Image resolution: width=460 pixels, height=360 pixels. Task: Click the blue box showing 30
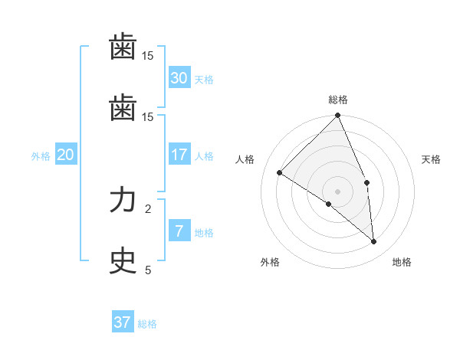point(179,78)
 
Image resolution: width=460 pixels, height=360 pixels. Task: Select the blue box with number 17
point(179,155)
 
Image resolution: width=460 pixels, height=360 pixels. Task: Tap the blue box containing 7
point(179,231)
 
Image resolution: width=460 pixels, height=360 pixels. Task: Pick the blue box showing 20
point(66,155)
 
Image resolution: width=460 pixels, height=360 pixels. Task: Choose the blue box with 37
point(123,322)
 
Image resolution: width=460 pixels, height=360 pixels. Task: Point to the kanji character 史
point(123,261)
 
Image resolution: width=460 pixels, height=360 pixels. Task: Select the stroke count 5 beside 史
point(148,270)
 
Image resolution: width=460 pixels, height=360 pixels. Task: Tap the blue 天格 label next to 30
point(204,80)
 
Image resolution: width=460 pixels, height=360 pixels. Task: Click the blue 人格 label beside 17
point(204,156)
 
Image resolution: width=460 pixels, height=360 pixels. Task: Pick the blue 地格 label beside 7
point(204,233)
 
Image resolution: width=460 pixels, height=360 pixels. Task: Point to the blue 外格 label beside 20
point(41,156)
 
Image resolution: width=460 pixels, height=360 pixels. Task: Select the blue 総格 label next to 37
point(147,324)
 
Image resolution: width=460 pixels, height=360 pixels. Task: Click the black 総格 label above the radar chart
point(338,100)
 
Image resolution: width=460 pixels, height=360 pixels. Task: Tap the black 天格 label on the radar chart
point(432,159)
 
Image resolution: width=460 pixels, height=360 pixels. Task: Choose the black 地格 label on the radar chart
point(402,262)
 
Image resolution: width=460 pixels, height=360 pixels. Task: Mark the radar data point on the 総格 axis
point(338,116)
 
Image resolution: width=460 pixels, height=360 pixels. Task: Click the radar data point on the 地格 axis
point(373,241)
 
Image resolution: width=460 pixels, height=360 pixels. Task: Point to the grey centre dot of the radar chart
point(338,191)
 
